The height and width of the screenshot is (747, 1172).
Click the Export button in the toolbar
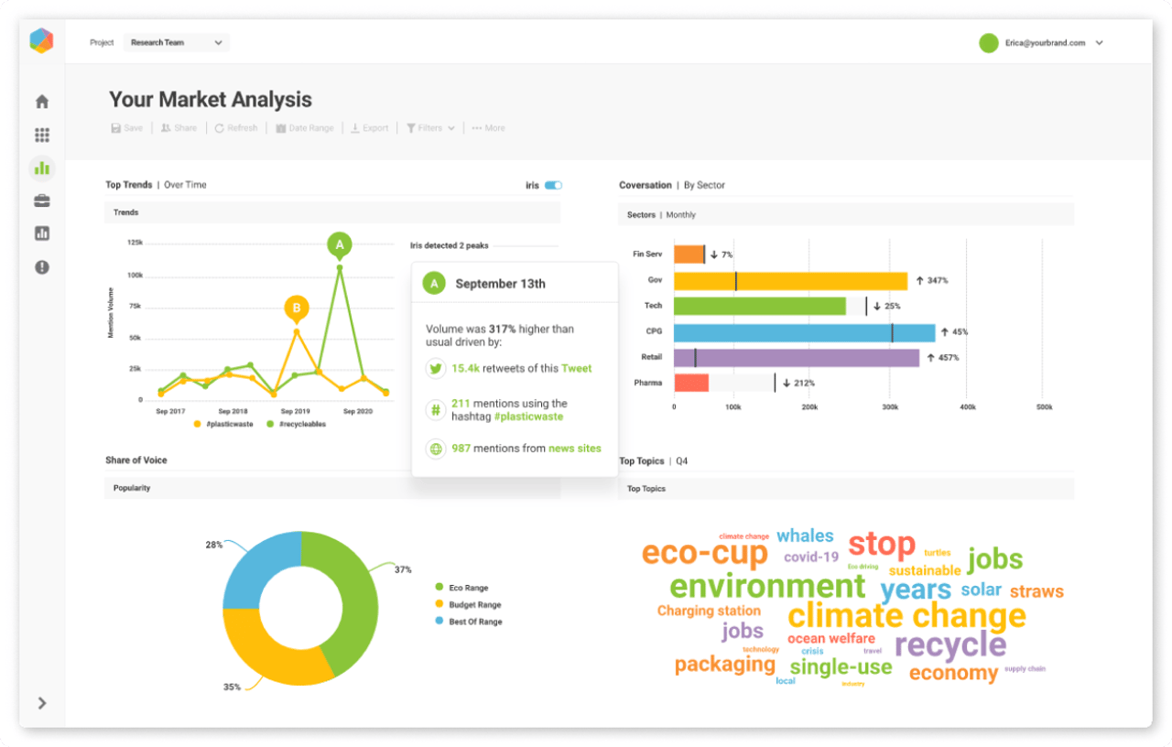370,128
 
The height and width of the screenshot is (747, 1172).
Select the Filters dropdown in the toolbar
430,128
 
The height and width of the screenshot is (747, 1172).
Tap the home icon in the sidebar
42,102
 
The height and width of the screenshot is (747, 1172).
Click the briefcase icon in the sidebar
42,201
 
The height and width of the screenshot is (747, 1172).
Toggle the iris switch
553,185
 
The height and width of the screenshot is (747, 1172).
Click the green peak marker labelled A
340,244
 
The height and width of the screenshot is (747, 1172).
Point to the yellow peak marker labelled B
296,309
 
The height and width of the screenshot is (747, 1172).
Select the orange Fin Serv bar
689,254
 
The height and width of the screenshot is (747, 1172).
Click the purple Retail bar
796,357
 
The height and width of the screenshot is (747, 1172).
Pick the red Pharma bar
691,383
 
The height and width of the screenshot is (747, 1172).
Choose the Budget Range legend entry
474,605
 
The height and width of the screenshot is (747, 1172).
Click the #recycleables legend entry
303,425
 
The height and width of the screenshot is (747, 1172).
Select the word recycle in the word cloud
950,644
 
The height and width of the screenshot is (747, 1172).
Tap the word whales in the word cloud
805,536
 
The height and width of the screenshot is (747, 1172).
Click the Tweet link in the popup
577,368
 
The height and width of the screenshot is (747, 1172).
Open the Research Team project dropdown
177,43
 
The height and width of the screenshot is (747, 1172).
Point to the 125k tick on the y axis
135,243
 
